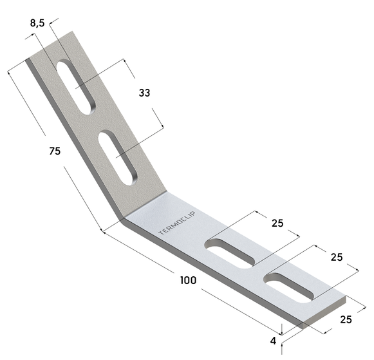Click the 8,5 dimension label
tap(38, 23)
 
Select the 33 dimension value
tap(144, 93)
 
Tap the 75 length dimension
tap(55, 151)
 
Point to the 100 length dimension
tap(188, 280)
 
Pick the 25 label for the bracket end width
tap(345, 319)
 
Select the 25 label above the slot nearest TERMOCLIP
tap(277, 223)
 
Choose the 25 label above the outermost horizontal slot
tap(335, 257)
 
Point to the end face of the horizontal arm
tap(326, 315)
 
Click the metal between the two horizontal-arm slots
tap(260, 269)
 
